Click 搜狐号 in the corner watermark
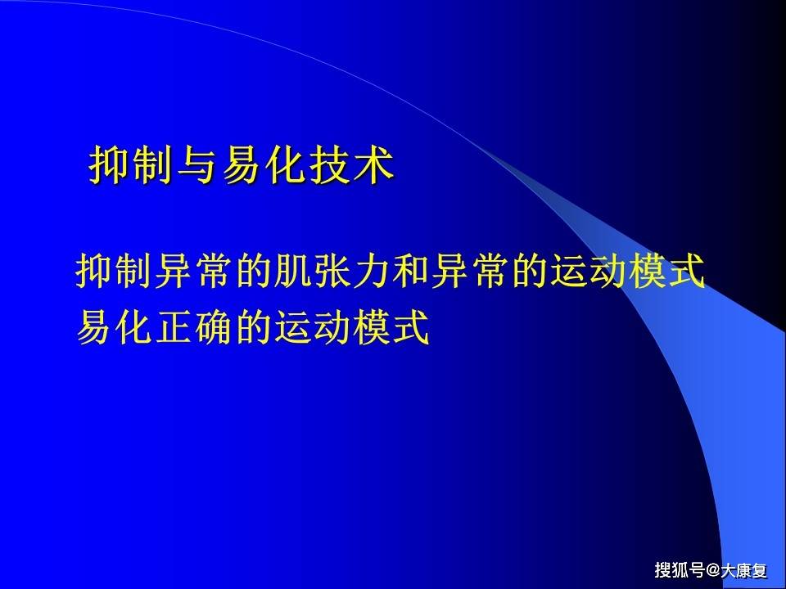pyautogui.click(x=679, y=569)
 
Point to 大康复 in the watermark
pyautogui.click(x=744, y=569)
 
